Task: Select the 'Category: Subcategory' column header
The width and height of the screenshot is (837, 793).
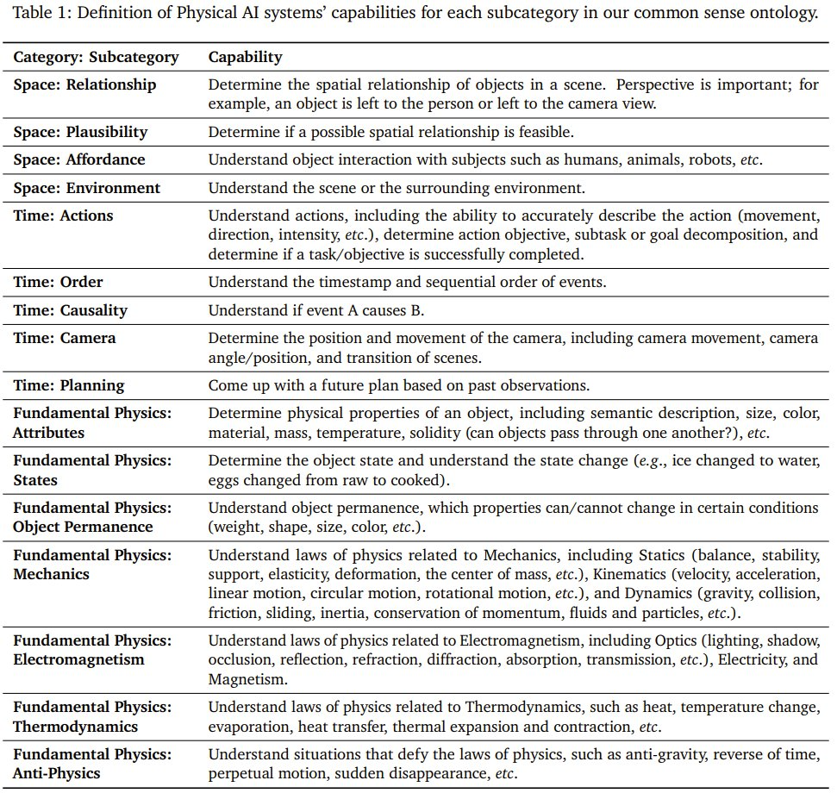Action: (x=96, y=58)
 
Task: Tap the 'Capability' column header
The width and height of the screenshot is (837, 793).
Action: (x=245, y=58)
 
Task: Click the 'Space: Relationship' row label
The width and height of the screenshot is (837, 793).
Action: (x=84, y=84)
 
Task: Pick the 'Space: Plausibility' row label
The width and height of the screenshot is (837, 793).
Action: (x=80, y=132)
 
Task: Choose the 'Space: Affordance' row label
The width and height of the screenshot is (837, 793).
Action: (x=79, y=159)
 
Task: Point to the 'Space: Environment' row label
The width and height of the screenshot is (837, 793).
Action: (x=86, y=188)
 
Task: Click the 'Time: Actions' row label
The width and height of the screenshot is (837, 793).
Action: (x=63, y=215)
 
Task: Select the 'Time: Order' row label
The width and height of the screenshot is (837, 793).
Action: (x=58, y=282)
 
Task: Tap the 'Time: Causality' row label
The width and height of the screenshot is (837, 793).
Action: (x=70, y=310)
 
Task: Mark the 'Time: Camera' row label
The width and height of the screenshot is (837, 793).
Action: (x=65, y=338)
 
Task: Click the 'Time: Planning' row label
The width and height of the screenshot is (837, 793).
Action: (x=69, y=385)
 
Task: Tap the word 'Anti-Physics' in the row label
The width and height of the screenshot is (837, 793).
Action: (x=56, y=773)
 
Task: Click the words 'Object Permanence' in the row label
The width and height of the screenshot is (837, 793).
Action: (x=83, y=527)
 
